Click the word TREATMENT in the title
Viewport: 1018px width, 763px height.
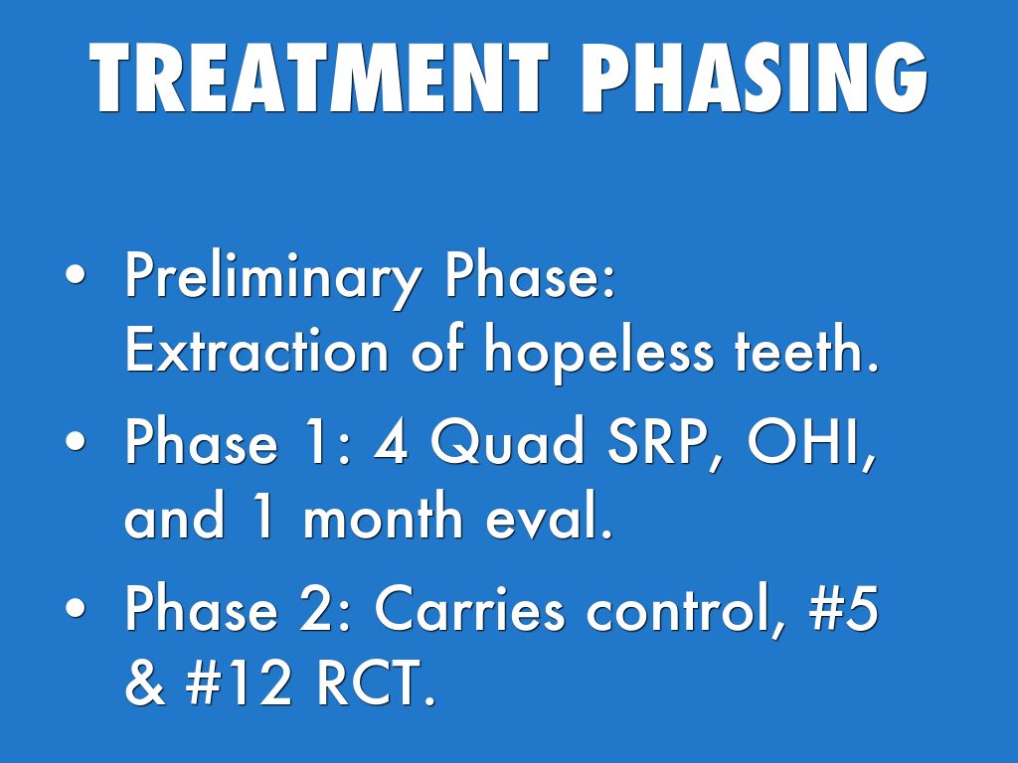pos(319,77)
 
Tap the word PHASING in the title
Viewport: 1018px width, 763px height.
pos(755,77)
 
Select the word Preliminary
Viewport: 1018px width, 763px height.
pos(272,278)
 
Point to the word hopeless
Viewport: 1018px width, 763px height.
pos(597,355)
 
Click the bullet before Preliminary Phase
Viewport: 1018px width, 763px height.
pos(76,274)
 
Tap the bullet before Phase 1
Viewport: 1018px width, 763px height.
pos(76,440)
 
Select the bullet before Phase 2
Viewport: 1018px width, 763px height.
pos(76,607)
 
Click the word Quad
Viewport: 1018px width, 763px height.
pos(508,441)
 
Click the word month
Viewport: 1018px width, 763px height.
pos(383,516)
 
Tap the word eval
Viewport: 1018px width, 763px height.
pos(550,517)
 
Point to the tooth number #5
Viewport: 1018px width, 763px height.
pos(844,609)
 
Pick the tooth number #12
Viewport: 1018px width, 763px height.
pos(239,682)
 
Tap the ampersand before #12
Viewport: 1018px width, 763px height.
pos(144,682)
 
